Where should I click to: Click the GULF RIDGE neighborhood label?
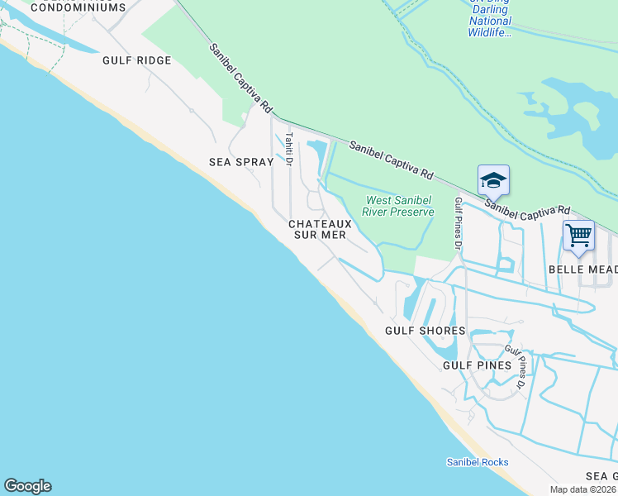click(x=136, y=60)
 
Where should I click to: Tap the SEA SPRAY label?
click(x=240, y=162)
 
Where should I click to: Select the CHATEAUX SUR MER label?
click(x=320, y=229)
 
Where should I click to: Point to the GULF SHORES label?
click(x=425, y=331)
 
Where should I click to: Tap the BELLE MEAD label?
click(x=582, y=269)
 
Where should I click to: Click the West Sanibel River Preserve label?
click(x=400, y=206)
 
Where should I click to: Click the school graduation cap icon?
click(x=493, y=180)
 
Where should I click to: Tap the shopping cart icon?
click(x=578, y=236)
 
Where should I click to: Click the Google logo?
click(x=27, y=486)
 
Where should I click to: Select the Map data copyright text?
click(x=583, y=489)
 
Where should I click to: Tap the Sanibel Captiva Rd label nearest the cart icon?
click(x=528, y=210)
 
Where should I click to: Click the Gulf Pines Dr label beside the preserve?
click(x=458, y=223)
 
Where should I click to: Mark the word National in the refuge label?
click(x=490, y=21)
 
